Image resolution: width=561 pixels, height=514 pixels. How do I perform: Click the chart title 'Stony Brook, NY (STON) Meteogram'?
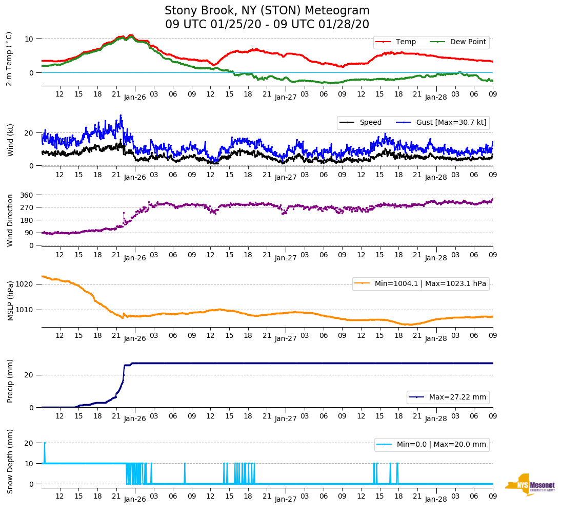267,11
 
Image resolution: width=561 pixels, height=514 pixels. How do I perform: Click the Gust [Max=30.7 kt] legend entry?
451,122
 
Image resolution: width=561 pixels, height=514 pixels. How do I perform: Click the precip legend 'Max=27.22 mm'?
457,397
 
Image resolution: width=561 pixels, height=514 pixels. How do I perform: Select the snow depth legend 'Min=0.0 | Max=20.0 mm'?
441,445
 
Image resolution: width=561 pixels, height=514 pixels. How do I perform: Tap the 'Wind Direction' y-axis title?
10,220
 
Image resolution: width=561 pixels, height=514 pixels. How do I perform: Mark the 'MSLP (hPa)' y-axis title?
10,300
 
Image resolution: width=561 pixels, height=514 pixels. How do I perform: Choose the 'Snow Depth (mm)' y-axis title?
10,461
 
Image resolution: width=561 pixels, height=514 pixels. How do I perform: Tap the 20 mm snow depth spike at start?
45,443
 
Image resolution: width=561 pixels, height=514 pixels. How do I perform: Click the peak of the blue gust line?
121,116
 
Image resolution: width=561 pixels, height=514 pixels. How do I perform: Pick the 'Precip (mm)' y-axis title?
10,381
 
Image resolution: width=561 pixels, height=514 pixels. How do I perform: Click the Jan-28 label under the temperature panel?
436,97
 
